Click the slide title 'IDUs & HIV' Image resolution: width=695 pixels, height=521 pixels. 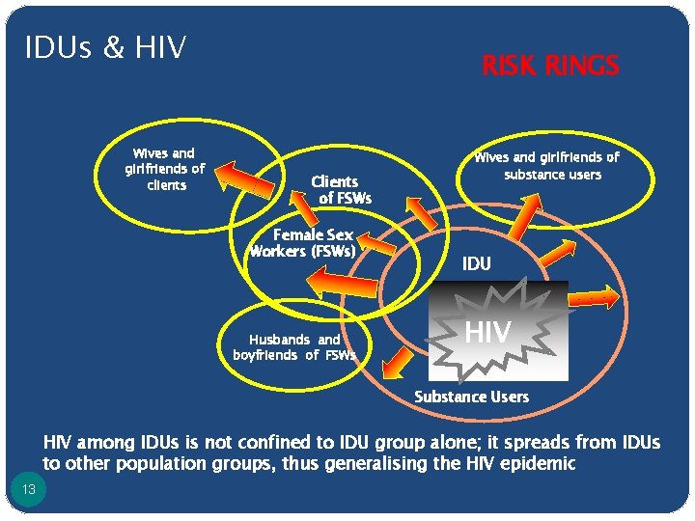[106, 46]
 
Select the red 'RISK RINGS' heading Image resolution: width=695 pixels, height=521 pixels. [550, 66]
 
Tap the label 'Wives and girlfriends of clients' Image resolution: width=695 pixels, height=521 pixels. [164, 169]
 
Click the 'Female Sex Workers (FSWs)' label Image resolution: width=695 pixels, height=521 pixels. [303, 244]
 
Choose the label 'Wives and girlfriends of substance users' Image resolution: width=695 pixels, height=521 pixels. [546, 165]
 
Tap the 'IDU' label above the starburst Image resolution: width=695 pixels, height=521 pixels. [476, 263]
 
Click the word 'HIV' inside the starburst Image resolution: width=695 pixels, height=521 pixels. [487, 333]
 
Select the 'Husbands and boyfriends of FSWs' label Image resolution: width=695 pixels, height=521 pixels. [293, 347]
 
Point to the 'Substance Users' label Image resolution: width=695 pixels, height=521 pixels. [471, 397]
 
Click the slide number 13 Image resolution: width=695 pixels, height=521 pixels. [28, 490]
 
